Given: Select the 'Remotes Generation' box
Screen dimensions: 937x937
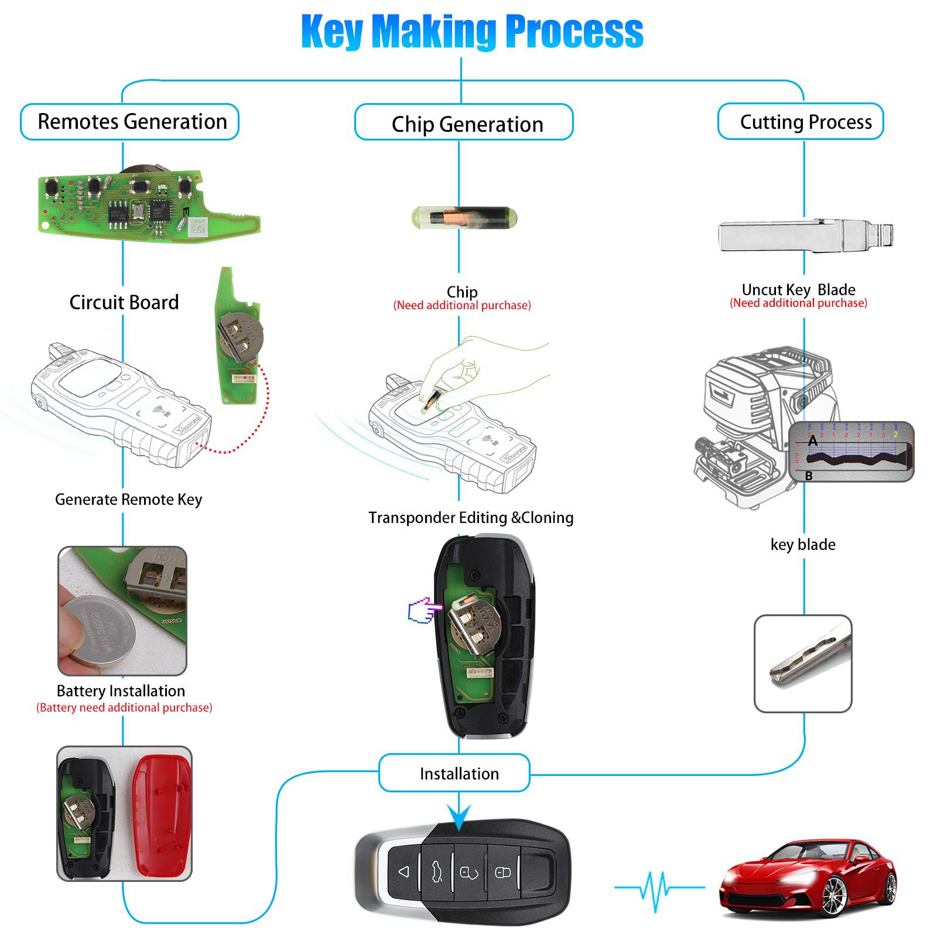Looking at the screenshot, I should coord(130,122).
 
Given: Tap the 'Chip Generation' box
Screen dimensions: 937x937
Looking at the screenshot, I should coord(464,124).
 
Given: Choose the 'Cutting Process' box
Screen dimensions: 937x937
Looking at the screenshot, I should coord(801,122).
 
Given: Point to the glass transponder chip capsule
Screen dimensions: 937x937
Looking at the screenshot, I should coord(464,218).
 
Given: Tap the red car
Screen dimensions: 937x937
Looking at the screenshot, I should coord(809,878).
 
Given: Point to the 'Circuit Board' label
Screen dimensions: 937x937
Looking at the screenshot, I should coord(124,302).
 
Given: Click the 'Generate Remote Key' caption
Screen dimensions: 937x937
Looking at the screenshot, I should coord(128,500).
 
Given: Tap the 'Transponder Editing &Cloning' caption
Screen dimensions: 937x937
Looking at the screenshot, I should coord(471,518).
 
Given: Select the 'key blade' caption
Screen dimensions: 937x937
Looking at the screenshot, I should coord(803,545).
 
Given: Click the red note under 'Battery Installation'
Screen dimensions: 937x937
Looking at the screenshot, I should coord(124,707).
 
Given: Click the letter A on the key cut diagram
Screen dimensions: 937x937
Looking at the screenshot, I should coord(812,441).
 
